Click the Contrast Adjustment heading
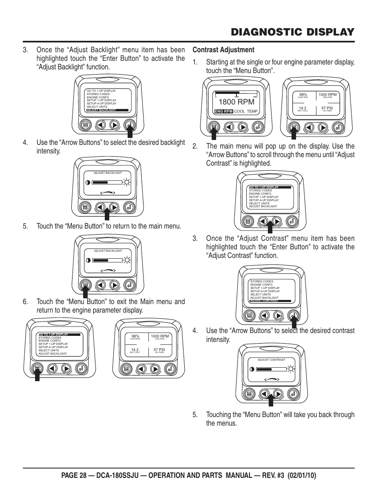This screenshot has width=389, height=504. tap(223, 50)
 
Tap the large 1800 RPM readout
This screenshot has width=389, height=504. tap(236, 102)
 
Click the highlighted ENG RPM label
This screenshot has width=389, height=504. tap(223, 111)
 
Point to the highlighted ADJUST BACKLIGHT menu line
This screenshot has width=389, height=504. tap(101, 110)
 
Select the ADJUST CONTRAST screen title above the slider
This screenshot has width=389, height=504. tap(271, 360)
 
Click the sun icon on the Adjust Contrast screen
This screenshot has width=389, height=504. tap(291, 369)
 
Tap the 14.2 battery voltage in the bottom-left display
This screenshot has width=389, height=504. tap(135, 349)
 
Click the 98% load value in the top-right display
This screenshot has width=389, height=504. tap(303, 95)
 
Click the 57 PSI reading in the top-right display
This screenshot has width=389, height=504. tap(327, 108)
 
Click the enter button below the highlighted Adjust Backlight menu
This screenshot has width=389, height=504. tap(129, 125)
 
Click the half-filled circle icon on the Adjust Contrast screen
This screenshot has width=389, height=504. tap(252, 369)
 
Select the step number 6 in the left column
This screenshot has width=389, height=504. tap(25, 302)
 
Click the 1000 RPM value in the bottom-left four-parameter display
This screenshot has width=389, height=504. tap(159, 336)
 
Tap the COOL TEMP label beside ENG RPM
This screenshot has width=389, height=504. tap(246, 111)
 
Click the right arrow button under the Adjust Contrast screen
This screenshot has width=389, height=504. tap(278, 394)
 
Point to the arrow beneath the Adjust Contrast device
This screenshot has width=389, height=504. tap(271, 400)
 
